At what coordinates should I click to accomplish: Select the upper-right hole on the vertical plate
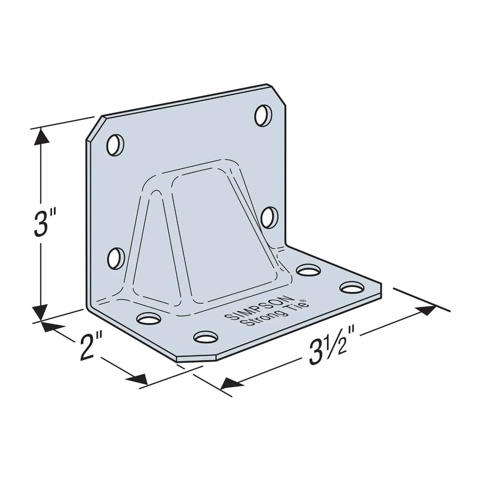pos(264,116)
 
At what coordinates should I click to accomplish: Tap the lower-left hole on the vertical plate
pos(116,258)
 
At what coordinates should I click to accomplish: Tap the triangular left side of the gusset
pos(153,246)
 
